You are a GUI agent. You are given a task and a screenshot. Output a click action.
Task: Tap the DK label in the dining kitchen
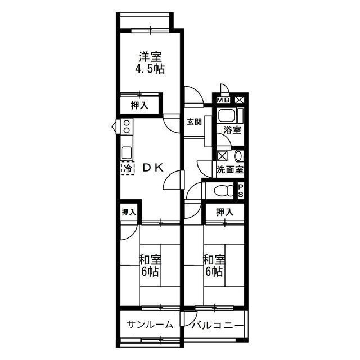(x=154, y=168)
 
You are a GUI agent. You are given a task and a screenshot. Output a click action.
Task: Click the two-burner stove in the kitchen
(x=127, y=127)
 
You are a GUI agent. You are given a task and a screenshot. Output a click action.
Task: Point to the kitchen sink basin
(x=127, y=152)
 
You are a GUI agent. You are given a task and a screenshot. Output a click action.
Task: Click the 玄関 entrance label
(x=194, y=122)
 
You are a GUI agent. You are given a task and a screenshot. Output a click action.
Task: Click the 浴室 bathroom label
(x=232, y=130)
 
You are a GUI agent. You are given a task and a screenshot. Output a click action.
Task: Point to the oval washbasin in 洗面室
(x=238, y=156)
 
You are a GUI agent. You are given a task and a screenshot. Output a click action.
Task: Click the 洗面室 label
(x=230, y=170)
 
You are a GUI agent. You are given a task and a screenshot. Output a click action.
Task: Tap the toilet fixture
(x=223, y=190)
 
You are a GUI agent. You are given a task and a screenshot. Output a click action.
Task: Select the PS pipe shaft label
(x=240, y=190)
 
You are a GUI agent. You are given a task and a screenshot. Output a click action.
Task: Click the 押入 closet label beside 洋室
(x=139, y=106)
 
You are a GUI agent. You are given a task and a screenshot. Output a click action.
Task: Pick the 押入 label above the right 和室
(x=225, y=213)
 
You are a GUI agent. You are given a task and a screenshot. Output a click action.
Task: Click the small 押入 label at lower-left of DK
(x=129, y=212)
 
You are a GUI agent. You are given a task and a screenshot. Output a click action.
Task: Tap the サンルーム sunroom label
(x=150, y=325)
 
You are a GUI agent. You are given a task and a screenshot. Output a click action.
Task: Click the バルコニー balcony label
(x=218, y=326)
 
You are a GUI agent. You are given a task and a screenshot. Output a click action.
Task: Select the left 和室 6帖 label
(x=150, y=265)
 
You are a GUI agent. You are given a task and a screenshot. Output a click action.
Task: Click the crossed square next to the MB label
(x=240, y=100)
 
